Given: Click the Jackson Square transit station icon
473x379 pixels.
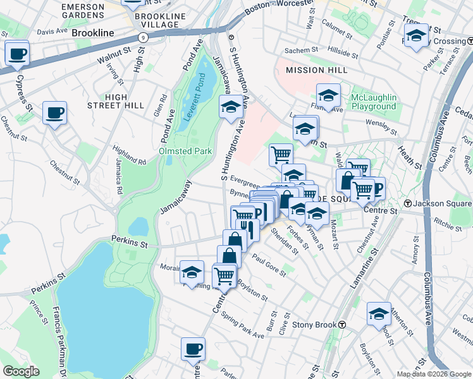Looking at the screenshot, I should tap(408, 204).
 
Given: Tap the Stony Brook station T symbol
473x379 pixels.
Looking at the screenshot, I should tap(341, 325).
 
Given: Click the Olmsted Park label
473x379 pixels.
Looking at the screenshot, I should tap(185, 152).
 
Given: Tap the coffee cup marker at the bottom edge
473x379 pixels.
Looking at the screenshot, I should tap(193, 349).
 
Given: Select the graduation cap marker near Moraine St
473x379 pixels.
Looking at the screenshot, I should tap(192, 272).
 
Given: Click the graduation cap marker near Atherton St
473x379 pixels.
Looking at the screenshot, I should tap(378, 313).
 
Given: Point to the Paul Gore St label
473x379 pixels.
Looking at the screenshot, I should tap(269, 265).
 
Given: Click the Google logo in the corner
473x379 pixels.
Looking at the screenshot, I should tap(21, 371).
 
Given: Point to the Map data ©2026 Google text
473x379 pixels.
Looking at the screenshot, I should tap(434, 374).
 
